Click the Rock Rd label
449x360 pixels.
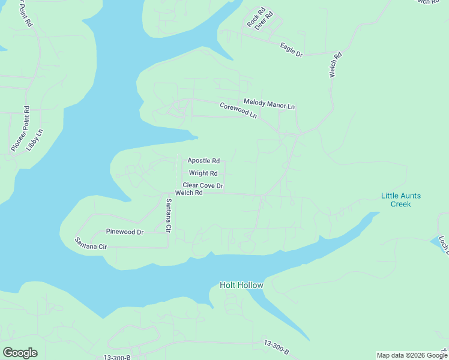click(x=255, y=18)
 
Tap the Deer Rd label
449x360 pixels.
click(x=264, y=20)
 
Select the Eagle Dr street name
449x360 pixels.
click(x=292, y=49)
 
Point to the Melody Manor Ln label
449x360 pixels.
click(x=269, y=104)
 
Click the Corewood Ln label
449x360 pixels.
click(x=238, y=110)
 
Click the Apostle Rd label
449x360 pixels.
click(x=203, y=161)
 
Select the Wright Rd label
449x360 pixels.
click(x=203, y=173)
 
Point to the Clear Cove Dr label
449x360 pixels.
click(x=203, y=186)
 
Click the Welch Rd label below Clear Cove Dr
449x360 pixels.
click(x=188, y=193)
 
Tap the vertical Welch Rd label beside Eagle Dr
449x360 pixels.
click(x=335, y=65)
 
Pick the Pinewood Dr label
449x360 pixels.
click(x=125, y=232)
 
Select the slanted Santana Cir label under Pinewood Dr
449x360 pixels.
click(x=91, y=243)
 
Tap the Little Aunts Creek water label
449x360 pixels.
click(x=401, y=200)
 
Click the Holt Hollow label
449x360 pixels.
click(x=241, y=285)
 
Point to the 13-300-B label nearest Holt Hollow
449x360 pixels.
click(x=276, y=347)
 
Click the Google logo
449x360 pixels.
click(x=20, y=353)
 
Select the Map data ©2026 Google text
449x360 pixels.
click(x=412, y=355)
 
